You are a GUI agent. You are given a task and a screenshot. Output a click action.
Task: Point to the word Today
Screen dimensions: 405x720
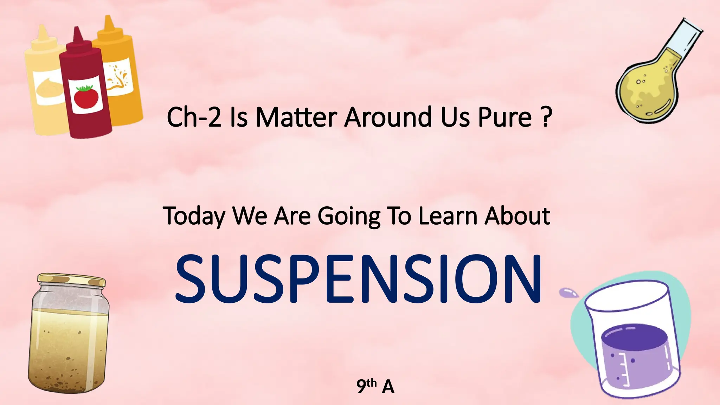pyautogui.click(x=194, y=216)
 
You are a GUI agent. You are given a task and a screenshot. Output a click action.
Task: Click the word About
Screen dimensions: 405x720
pyautogui.click(x=517, y=216)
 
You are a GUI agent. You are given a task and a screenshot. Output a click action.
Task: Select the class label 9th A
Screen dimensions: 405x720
pyautogui.click(x=375, y=386)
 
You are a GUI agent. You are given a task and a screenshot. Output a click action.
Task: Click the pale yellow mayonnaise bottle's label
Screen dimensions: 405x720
pyautogui.click(x=49, y=88)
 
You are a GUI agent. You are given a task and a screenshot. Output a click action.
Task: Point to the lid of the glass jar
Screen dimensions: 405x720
pyautogui.click(x=72, y=279)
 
